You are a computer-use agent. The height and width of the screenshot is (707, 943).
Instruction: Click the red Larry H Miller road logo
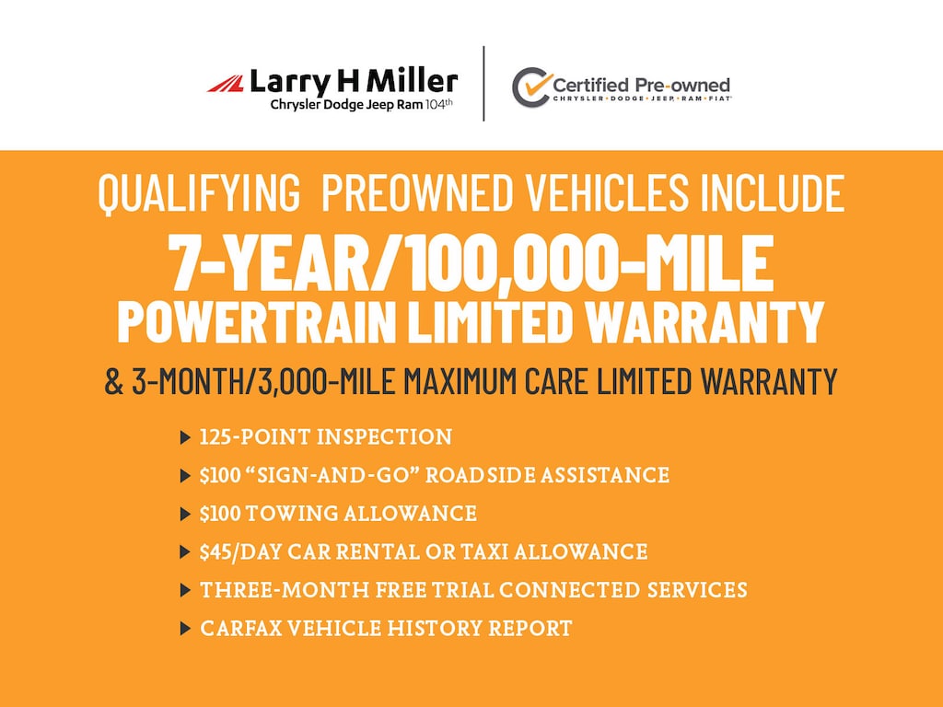point(226,84)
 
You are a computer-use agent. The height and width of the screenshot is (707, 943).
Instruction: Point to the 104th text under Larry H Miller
point(439,104)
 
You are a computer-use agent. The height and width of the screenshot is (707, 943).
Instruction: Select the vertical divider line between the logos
point(483,84)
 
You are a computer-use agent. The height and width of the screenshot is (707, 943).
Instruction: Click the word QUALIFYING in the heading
point(199,193)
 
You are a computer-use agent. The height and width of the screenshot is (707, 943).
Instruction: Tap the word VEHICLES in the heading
point(607,192)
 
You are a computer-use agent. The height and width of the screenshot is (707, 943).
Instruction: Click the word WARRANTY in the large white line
point(704,321)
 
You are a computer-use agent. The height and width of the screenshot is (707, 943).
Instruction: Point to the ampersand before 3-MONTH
point(113,381)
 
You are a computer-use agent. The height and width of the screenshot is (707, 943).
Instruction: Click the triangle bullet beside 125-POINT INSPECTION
point(185,437)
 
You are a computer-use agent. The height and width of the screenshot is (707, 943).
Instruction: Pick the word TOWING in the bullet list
point(292,514)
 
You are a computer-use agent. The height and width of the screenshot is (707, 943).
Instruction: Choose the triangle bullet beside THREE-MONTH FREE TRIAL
point(185,590)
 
